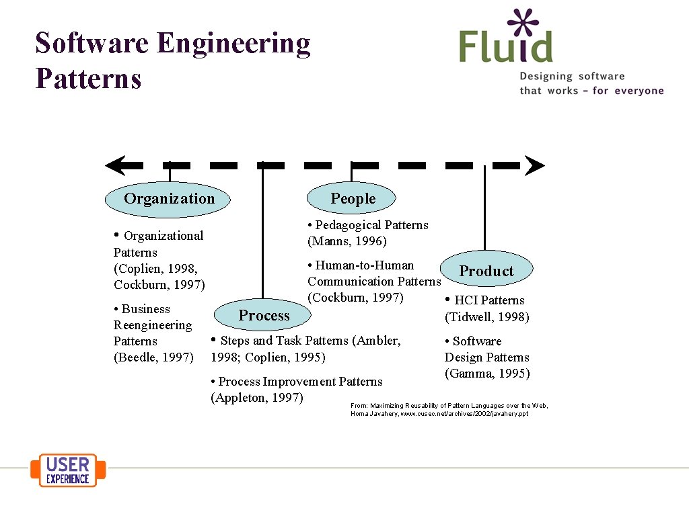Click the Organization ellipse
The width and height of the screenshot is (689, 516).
tap(168, 199)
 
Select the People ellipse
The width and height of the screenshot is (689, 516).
tap(351, 198)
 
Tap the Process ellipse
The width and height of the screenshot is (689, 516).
tap(263, 315)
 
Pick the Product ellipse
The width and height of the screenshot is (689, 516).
tap(486, 270)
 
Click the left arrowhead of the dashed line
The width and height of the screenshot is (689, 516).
tap(115, 165)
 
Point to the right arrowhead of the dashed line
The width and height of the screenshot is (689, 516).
tap(534, 165)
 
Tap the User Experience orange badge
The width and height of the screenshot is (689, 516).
tap(68, 470)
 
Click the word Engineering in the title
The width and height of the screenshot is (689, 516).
tap(233, 43)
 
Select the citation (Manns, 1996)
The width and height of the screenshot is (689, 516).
tap(347, 241)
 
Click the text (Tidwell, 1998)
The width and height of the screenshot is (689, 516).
tap(486, 316)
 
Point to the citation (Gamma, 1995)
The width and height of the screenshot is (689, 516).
tap(486, 374)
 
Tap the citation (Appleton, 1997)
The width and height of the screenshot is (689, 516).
tap(257, 398)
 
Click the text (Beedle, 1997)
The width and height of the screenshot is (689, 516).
tap(153, 357)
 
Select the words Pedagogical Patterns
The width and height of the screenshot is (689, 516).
tap(371, 225)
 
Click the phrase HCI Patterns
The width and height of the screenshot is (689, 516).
tap(489, 300)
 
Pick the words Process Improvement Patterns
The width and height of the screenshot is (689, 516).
tap(300, 382)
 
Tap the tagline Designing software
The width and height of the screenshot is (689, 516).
tap(572, 77)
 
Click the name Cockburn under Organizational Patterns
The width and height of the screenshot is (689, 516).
tap(142, 285)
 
